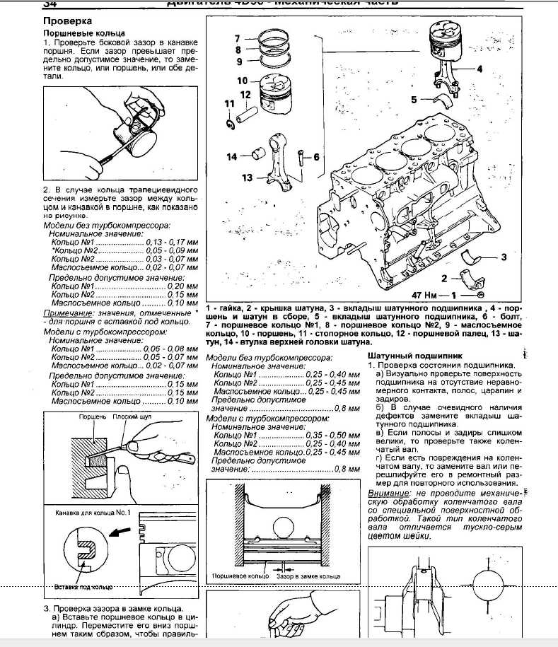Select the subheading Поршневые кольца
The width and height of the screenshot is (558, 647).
click(x=85, y=33)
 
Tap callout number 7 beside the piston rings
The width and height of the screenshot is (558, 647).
click(x=238, y=38)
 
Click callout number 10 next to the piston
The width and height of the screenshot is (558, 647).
click(x=242, y=80)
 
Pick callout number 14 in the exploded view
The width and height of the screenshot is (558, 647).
click(x=232, y=157)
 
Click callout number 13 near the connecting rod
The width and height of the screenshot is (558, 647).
click(x=247, y=177)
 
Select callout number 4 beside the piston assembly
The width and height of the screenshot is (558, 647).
click(x=479, y=69)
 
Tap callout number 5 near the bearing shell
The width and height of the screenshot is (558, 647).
click(x=414, y=100)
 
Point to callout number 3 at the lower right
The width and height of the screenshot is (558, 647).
click(x=504, y=257)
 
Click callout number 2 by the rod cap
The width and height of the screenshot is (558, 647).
click(x=444, y=278)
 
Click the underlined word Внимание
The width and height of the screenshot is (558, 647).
click(x=388, y=492)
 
